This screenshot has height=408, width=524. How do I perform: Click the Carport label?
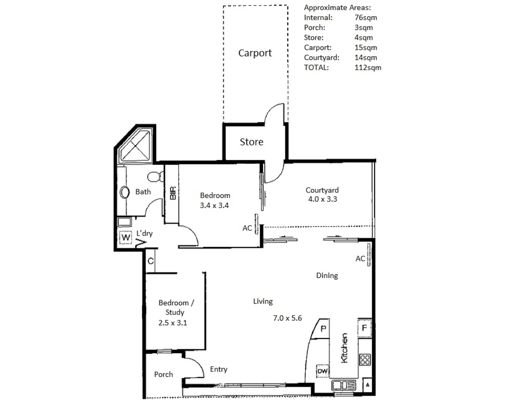(255, 53)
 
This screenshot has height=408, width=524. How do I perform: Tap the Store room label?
(251, 142)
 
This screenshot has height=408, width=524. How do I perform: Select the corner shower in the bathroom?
(135, 146)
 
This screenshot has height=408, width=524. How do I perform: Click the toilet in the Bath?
(155, 176)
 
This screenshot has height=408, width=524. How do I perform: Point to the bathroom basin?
(124, 192)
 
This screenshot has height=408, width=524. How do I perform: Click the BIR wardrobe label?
(173, 193)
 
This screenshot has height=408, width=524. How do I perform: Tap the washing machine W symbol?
(125, 238)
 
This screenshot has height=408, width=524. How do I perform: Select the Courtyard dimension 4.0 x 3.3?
(322, 199)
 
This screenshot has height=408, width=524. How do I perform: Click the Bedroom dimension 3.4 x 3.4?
(214, 206)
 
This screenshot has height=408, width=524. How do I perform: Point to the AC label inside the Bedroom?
(247, 228)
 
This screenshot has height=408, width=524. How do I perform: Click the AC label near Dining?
(360, 259)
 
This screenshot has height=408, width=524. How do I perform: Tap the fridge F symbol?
(364, 328)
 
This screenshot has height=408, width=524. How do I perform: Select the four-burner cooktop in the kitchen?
(365, 359)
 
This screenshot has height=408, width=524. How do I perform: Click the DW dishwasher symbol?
(322, 371)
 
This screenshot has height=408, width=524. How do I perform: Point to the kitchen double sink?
(343, 385)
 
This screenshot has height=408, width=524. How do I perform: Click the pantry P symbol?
(323, 329)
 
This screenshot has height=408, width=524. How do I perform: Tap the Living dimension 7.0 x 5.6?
(287, 318)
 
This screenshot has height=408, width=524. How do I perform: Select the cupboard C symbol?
(151, 261)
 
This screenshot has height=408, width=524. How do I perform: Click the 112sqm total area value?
(367, 68)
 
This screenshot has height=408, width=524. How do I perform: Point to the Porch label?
(163, 374)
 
